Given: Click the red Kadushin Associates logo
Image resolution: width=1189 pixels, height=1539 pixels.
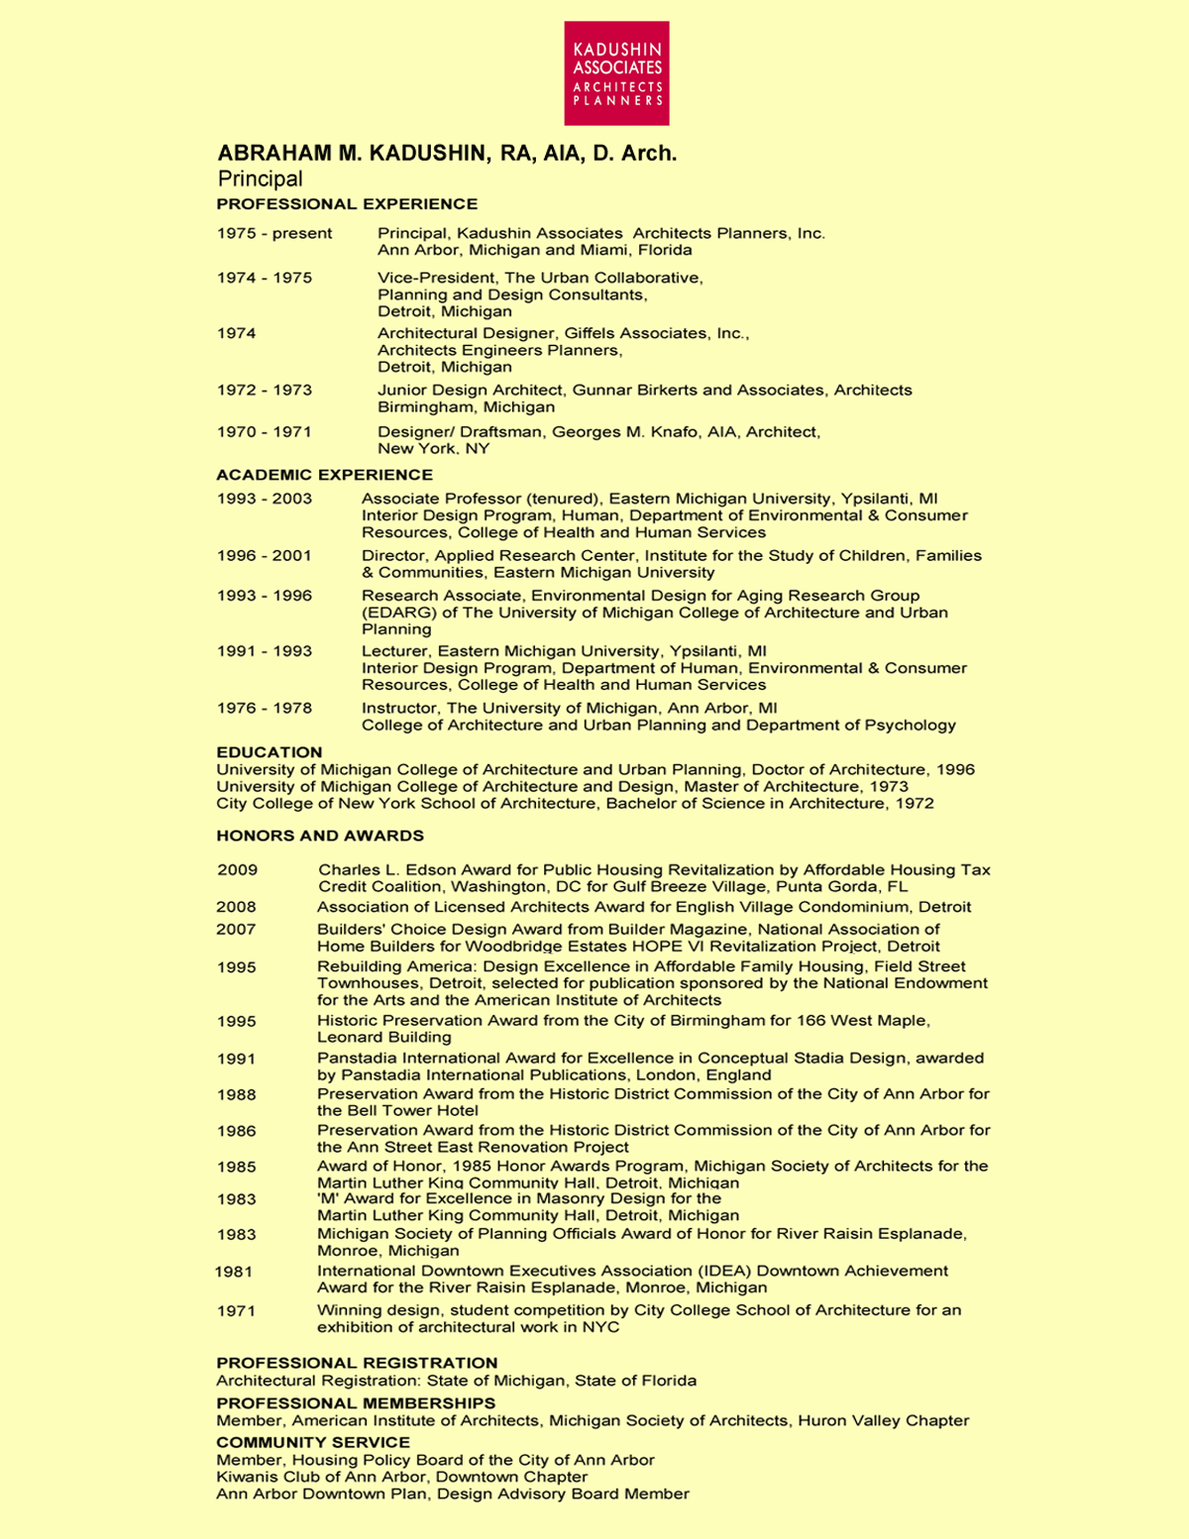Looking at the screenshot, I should [x=616, y=73].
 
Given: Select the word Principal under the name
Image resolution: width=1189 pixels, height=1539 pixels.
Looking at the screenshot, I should [x=260, y=179].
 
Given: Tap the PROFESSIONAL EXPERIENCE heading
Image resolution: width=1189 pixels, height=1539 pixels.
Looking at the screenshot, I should [x=347, y=204].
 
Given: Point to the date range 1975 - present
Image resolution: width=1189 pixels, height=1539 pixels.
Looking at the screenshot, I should [x=274, y=234].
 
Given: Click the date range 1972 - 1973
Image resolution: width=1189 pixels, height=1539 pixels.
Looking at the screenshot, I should [x=265, y=390].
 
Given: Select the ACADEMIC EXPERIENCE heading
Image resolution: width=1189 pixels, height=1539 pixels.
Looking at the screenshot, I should [x=324, y=475].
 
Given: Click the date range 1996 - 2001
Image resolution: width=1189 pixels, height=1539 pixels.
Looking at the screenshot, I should [x=265, y=556].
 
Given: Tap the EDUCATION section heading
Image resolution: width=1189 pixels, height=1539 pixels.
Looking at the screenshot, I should [x=270, y=752].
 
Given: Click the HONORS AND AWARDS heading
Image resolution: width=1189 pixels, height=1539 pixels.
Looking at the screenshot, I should [x=320, y=835].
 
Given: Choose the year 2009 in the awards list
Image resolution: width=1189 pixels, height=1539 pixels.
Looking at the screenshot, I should [x=238, y=870].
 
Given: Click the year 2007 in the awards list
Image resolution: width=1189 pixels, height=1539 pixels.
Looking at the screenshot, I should [x=236, y=930].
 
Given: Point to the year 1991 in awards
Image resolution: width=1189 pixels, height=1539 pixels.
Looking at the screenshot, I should [x=236, y=1058].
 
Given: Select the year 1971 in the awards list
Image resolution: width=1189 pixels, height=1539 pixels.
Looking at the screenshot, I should [x=236, y=1311].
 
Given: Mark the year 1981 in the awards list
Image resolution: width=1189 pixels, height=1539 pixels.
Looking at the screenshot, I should [x=234, y=1271].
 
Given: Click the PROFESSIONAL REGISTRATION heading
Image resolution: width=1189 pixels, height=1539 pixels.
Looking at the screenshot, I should [x=357, y=1363].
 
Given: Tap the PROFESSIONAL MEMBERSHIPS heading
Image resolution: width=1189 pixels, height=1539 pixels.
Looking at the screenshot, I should [x=356, y=1403].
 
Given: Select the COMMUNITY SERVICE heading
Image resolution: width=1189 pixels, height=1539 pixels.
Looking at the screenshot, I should [x=313, y=1442].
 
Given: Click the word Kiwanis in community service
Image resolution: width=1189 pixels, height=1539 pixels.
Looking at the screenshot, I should [x=245, y=1477].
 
